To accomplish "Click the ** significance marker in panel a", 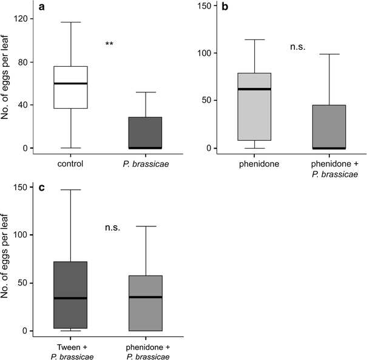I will pyautogui.click(x=109, y=44).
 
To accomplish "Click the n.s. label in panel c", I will pyautogui.click(x=112, y=228).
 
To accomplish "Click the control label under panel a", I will pyautogui.click(x=70, y=164).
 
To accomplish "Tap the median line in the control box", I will pyautogui.click(x=70, y=83).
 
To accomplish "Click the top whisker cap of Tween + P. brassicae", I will pyautogui.click(x=70, y=190).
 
